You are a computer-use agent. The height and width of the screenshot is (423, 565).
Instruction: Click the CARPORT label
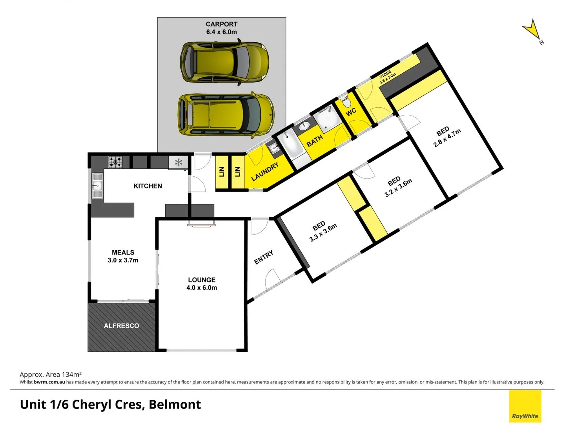(x=221, y=28)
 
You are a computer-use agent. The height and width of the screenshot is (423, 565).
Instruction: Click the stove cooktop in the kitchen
(x=115, y=162)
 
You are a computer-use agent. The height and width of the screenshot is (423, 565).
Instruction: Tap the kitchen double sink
(x=97, y=186)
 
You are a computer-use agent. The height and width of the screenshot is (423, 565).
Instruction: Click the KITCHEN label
(x=148, y=186)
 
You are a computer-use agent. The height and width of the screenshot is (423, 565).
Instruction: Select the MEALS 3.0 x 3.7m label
(x=123, y=257)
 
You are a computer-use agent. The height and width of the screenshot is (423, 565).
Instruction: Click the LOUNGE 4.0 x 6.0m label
(x=201, y=284)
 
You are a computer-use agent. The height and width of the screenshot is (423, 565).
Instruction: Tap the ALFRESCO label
(x=121, y=326)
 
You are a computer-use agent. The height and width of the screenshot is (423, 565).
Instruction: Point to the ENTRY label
(x=264, y=257)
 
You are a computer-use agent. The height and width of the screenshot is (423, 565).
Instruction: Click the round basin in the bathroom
(x=304, y=126)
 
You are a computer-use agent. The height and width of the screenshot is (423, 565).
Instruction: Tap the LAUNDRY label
(x=265, y=172)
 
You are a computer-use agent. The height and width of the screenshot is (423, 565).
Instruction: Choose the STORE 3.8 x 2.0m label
(x=387, y=77)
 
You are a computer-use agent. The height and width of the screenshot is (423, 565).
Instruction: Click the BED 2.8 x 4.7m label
(x=446, y=137)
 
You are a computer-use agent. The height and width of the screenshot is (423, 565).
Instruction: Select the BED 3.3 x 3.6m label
(x=322, y=231)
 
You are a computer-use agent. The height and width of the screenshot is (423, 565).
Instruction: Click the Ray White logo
(x=525, y=406)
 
